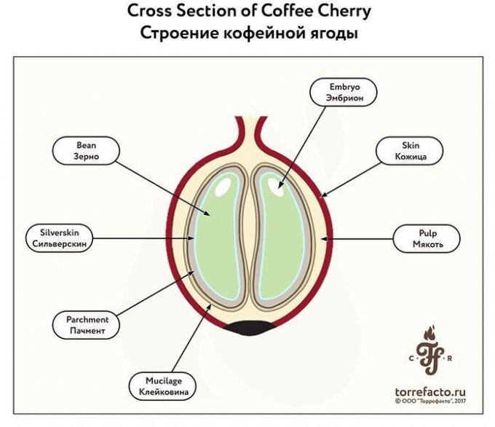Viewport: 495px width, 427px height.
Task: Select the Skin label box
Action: (x=407, y=151)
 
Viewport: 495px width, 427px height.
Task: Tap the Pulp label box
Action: (x=427, y=238)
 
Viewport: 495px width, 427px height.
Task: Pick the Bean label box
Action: (x=86, y=150)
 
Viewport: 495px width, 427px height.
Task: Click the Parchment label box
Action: (x=87, y=325)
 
